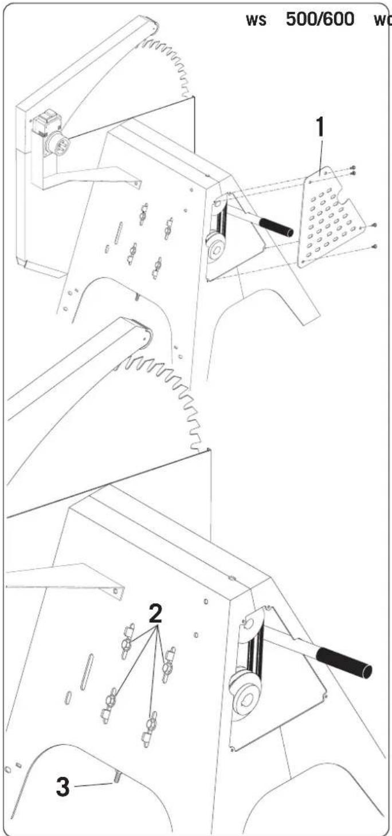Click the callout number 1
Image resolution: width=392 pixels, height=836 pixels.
click(320, 127)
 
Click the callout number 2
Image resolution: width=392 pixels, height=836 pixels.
click(155, 614)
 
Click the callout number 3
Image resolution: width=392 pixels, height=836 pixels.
click(62, 786)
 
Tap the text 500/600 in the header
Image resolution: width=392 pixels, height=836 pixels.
click(320, 19)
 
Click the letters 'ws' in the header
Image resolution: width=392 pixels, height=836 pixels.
click(256, 20)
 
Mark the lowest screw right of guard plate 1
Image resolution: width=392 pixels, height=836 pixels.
click(375, 246)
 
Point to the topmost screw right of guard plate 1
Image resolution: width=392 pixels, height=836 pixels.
click(353, 168)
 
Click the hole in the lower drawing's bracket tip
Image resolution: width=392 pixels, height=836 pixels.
click(116, 590)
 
